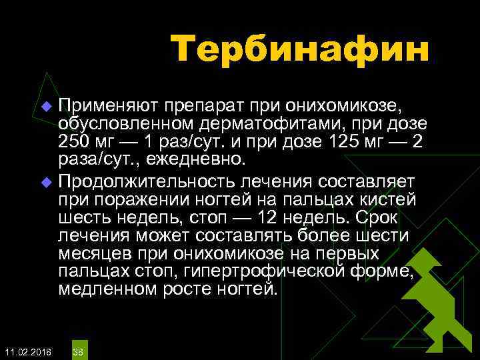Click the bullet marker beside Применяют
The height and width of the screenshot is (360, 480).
pyautogui.click(x=46, y=107)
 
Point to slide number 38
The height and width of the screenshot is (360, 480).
pyautogui.click(x=78, y=351)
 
